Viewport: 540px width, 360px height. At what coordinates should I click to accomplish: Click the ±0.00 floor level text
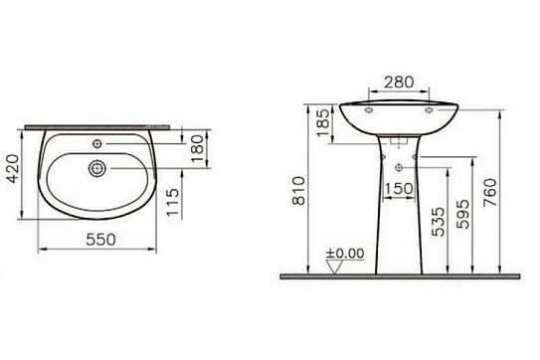345,255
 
